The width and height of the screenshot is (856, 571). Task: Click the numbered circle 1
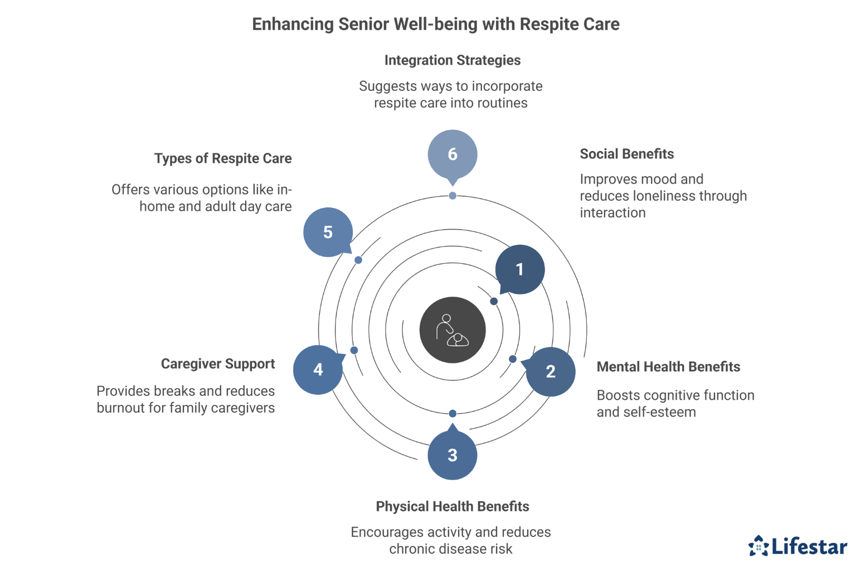tap(519, 269)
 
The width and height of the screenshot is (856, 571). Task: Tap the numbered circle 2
tap(550, 371)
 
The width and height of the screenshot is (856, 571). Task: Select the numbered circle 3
tap(452, 455)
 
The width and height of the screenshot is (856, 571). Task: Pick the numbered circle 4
tap(318, 369)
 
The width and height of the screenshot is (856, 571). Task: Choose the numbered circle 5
tap(328, 232)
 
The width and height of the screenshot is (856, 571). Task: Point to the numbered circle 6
tap(452, 154)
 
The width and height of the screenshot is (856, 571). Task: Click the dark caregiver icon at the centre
tap(452, 330)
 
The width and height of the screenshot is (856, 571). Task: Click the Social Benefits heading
tap(626, 154)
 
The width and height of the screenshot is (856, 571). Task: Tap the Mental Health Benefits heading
tap(668, 367)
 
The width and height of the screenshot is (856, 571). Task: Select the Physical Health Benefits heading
tap(452, 506)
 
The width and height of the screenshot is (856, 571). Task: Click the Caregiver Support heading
tap(218, 364)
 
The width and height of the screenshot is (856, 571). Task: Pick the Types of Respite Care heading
tap(223, 158)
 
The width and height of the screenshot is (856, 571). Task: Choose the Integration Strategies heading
tap(452, 60)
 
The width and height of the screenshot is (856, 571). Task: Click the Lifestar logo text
tap(809, 546)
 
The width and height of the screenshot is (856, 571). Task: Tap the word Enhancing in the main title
tap(293, 25)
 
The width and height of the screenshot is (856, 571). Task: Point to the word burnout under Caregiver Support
tap(123, 408)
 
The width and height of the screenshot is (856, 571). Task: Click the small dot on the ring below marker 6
tap(453, 196)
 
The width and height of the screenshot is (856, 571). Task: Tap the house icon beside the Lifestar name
tap(758, 546)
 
